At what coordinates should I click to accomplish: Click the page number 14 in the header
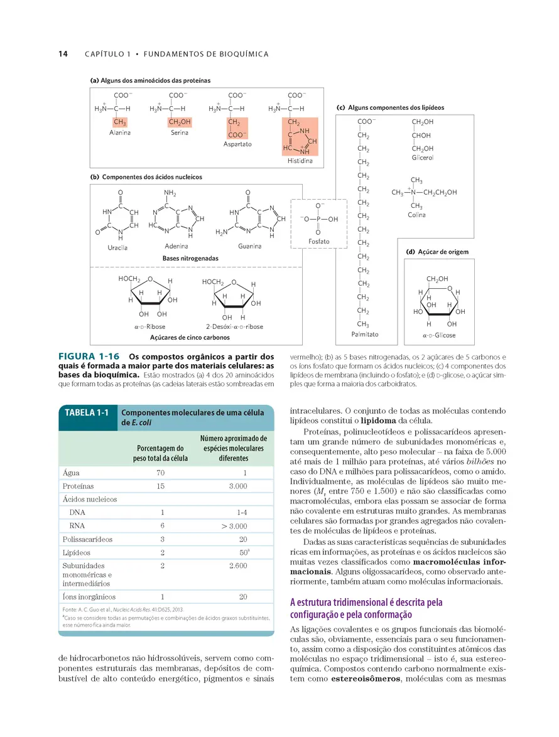click(63, 54)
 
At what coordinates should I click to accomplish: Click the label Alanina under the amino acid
click(120, 133)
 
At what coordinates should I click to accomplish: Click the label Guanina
click(249, 246)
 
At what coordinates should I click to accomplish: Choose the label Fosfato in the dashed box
click(319, 242)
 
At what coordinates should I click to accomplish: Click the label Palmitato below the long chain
click(366, 335)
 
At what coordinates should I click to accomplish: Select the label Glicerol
click(423, 158)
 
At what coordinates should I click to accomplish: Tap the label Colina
click(416, 215)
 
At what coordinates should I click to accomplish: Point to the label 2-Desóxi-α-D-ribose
click(234, 326)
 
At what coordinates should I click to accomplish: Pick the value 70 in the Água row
click(160, 473)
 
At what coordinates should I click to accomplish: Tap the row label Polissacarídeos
click(87, 539)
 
